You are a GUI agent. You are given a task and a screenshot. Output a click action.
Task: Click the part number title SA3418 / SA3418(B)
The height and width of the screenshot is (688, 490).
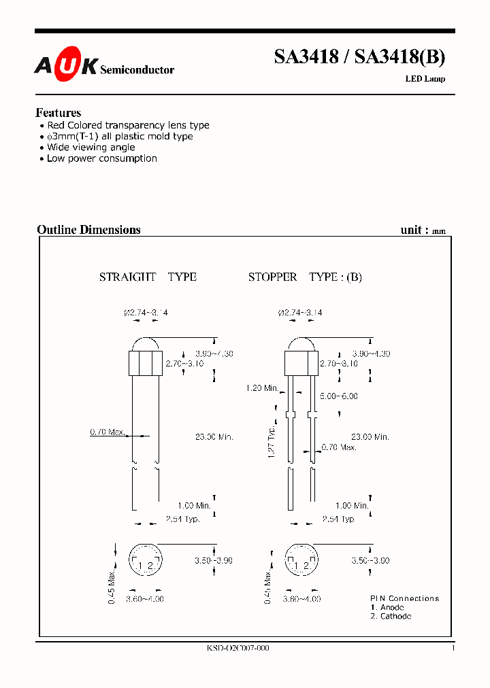359,58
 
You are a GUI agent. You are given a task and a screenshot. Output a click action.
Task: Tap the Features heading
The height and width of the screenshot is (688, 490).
59,113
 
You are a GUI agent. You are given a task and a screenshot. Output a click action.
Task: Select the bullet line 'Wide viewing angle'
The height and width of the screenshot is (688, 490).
91,148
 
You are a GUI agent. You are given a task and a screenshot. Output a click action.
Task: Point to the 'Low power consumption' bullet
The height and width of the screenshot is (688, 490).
101,158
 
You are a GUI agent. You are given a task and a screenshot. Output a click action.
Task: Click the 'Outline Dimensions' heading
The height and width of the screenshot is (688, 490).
88,230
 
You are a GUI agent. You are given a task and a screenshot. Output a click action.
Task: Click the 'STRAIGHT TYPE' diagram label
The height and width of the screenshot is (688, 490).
148,277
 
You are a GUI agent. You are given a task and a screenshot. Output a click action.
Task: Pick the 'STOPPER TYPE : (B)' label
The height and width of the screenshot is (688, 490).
305,277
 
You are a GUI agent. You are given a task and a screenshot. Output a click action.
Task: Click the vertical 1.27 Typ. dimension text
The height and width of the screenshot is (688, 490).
271,443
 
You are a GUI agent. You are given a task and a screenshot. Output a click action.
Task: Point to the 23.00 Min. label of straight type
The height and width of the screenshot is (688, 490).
214,437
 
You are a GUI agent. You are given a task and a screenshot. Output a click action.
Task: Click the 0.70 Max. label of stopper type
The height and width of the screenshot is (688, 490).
338,447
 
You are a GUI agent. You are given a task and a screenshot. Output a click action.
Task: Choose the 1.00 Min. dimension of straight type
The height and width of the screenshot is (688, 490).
194,506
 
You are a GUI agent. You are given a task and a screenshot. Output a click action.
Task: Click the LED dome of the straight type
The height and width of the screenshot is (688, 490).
146,345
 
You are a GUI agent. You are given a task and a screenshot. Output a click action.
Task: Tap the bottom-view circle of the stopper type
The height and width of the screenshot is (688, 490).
300,562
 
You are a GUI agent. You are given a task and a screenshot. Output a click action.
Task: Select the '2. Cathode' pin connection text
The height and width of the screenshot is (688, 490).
391,616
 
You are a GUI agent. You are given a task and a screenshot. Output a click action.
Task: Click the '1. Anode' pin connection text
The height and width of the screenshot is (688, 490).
387,607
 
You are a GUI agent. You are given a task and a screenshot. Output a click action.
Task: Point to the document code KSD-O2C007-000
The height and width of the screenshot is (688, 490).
238,649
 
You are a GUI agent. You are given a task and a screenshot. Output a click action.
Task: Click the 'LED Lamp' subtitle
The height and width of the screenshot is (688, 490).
425,79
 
